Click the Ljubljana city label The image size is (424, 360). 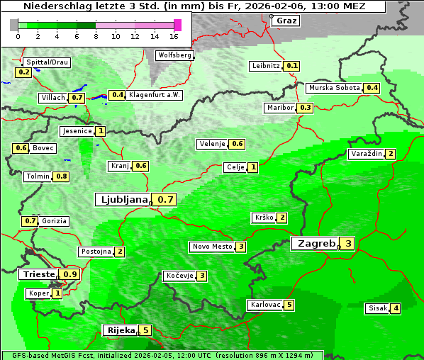tap(123, 200)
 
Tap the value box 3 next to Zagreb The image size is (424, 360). tap(348, 244)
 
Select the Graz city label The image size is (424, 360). tap(286, 21)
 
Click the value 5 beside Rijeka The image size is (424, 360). tap(145, 330)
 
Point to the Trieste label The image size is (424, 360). tap(39, 274)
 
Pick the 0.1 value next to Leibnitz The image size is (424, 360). tap(291, 66)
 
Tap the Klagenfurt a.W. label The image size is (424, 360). tap(154, 95)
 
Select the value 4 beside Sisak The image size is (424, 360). tap(396, 308)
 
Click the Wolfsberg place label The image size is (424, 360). tap(174, 55)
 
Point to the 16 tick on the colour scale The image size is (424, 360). tap(174, 36)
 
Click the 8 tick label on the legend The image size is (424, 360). tap(96, 36)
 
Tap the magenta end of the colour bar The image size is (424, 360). tap(177, 25)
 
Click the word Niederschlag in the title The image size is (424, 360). tap(52, 6)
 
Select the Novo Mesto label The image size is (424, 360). tap(212, 247)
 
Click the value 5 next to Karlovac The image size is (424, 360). tap(289, 305)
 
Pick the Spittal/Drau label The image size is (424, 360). tap(47, 62)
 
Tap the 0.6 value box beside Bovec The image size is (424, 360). tap(21, 148)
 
